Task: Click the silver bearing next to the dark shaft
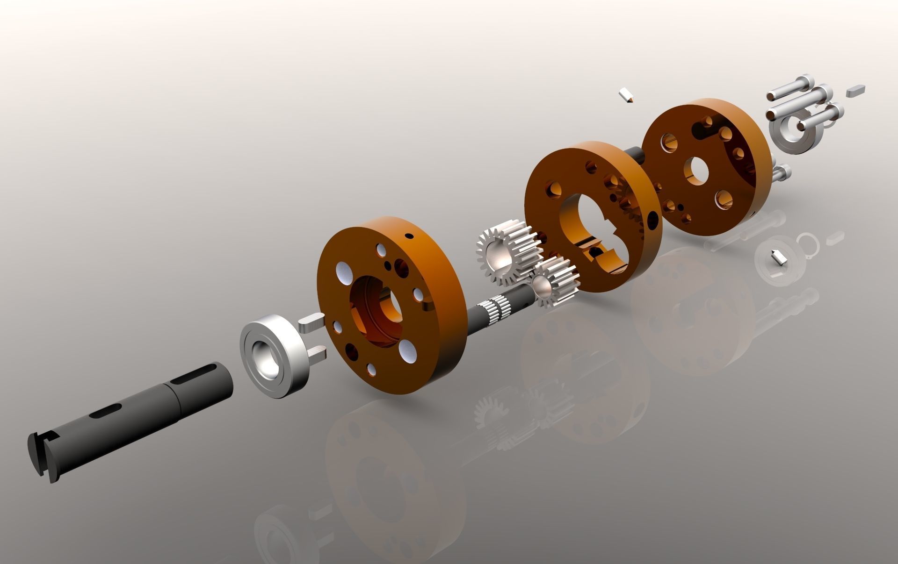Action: (x=274, y=355)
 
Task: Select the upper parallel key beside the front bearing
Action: (x=311, y=321)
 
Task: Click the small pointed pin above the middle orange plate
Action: (x=626, y=95)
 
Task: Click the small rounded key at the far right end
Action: (x=855, y=90)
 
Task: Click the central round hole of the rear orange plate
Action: (x=696, y=170)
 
